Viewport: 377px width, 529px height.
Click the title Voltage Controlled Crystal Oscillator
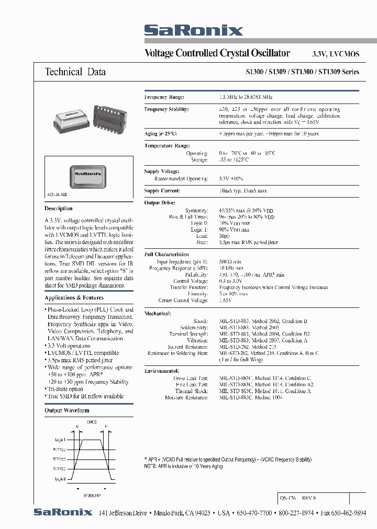pos(217,53)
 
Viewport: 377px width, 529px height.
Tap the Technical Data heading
pos(75,72)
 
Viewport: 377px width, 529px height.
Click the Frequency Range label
pos(164,97)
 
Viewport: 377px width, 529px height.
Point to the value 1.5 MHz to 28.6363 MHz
pos(246,97)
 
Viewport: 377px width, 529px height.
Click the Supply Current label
pos(162,191)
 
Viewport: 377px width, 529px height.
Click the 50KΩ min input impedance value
pos(231,261)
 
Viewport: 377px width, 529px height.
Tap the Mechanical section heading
pos(158,313)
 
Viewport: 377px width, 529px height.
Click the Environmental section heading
pos(162,370)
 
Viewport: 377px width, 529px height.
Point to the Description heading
pos(59,209)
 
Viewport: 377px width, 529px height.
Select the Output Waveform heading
pos(66,411)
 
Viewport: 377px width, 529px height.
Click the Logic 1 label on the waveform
pos(59,440)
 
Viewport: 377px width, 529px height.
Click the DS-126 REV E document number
pos(299,498)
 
